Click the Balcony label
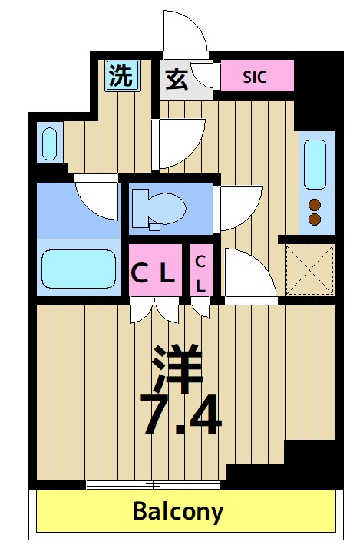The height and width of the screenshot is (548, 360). tap(178, 510)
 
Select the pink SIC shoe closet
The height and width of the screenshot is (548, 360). tap(256, 77)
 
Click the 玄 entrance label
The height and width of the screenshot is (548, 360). tap(176, 78)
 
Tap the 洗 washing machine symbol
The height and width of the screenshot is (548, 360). tap(120, 75)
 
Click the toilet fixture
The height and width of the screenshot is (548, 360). tap(158, 208)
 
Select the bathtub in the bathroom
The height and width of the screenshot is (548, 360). tap(76, 266)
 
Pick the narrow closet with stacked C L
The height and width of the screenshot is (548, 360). tap(201, 272)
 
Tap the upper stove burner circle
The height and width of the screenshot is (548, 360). tap(314, 204)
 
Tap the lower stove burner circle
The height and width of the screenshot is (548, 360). tap(314, 220)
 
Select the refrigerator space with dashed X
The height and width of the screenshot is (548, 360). tap(310, 269)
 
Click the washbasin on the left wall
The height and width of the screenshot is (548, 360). tap(48, 144)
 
